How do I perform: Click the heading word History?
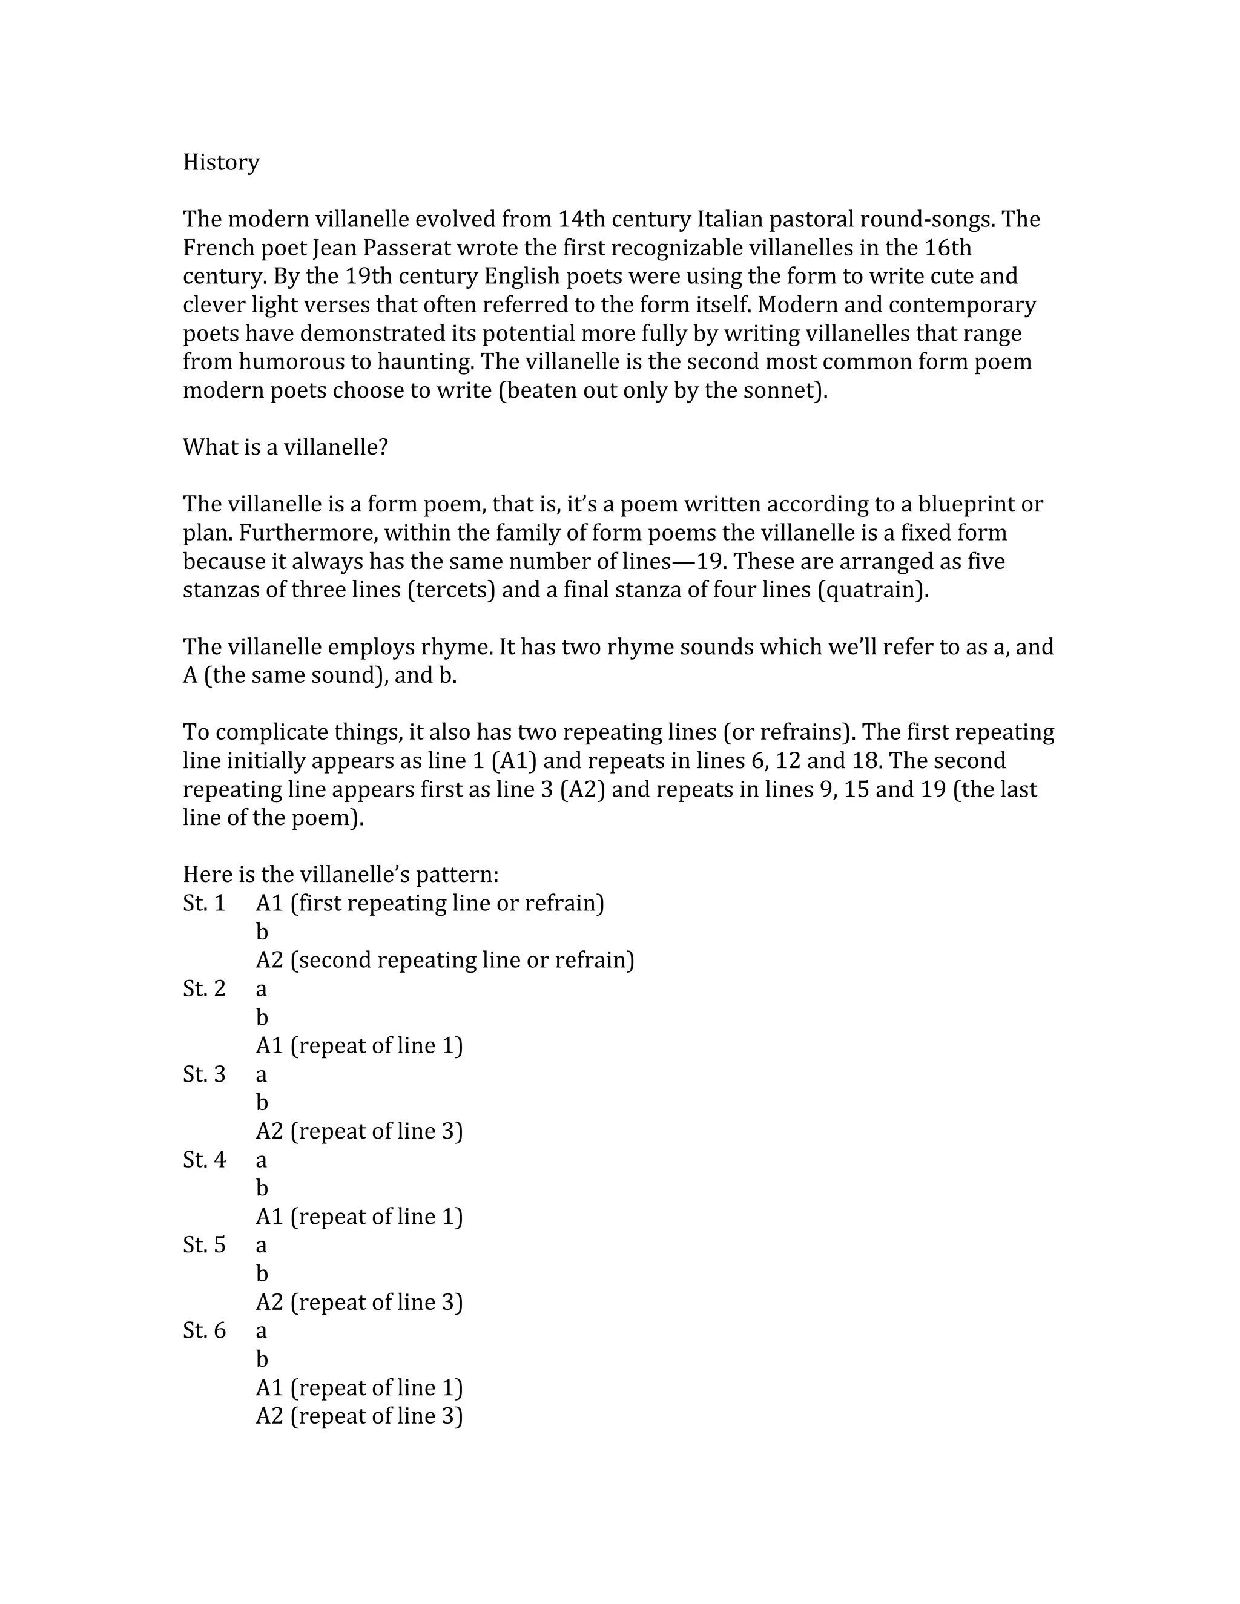coord(220,162)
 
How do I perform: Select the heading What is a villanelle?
coord(285,447)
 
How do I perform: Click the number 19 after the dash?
coord(710,562)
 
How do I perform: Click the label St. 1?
coord(204,903)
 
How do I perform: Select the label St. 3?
coord(204,1074)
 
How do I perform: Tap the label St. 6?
coord(204,1331)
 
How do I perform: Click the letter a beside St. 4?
coord(262,1161)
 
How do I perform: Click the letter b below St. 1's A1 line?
coord(262,932)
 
